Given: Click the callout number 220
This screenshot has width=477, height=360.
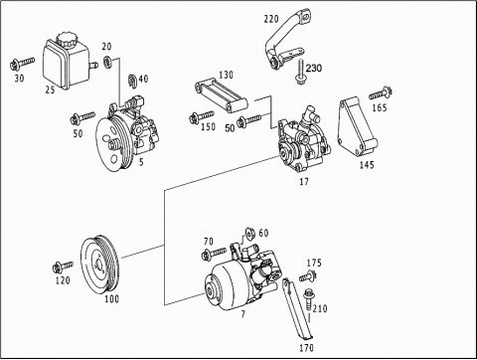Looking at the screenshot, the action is pyautogui.click(x=271, y=19).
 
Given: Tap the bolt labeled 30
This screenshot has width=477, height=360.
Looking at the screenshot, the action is pyautogui.click(x=22, y=63).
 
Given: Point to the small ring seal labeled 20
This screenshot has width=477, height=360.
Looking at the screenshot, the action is pyautogui.click(x=107, y=62).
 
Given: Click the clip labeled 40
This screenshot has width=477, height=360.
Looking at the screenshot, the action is pyautogui.click(x=132, y=82).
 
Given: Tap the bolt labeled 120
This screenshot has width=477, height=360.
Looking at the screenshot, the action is pyautogui.click(x=63, y=267).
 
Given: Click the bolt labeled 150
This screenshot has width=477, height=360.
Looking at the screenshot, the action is pyautogui.click(x=201, y=116).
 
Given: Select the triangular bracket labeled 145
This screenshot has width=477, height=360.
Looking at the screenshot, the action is pyautogui.click(x=358, y=127).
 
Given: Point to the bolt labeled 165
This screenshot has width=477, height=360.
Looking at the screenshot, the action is pyautogui.click(x=381, y=92).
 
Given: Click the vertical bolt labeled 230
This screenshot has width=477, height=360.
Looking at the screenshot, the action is pyautogui.click(x=301, y=72).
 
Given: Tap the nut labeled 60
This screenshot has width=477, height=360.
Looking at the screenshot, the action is pyautogui.click(x=249, y=234).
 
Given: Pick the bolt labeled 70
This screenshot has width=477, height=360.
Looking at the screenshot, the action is pyautogui.click(x=214, y=254).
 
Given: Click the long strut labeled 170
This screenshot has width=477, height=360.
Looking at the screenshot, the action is pyautogui.click(x=297, y=309).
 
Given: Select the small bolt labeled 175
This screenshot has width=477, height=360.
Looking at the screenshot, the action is pyautogui.click(x=308, y=276).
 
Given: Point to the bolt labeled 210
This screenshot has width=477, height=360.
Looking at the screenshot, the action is pyautogui.click(x=308, y=299).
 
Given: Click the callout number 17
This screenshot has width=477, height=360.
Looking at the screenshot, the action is pyautogui.click(x=304, y=182).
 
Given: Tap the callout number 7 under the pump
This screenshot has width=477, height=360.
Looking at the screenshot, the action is pyautogui.click(x=243, y=314).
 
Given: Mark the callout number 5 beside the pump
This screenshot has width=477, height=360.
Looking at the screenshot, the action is pyautogui.click(x=141, y=162).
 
